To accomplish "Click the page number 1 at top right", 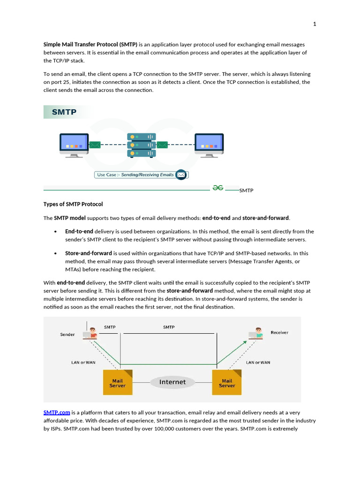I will tap(315, 24).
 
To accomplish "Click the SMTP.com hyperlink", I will tap(57, 412).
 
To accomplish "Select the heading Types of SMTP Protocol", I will tap(73, 204).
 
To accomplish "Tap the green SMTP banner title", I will tap(64, 112).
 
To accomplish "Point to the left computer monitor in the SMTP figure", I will tap(74, 143).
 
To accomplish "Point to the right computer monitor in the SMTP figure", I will tap(209, 143).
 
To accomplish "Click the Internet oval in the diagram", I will tap(172, 382).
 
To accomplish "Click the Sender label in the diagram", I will tap(67, 335).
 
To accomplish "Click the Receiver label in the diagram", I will tap(279, 332).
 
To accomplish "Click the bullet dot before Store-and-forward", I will tap(56, 254).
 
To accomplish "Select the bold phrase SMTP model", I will tap(70, 218).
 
